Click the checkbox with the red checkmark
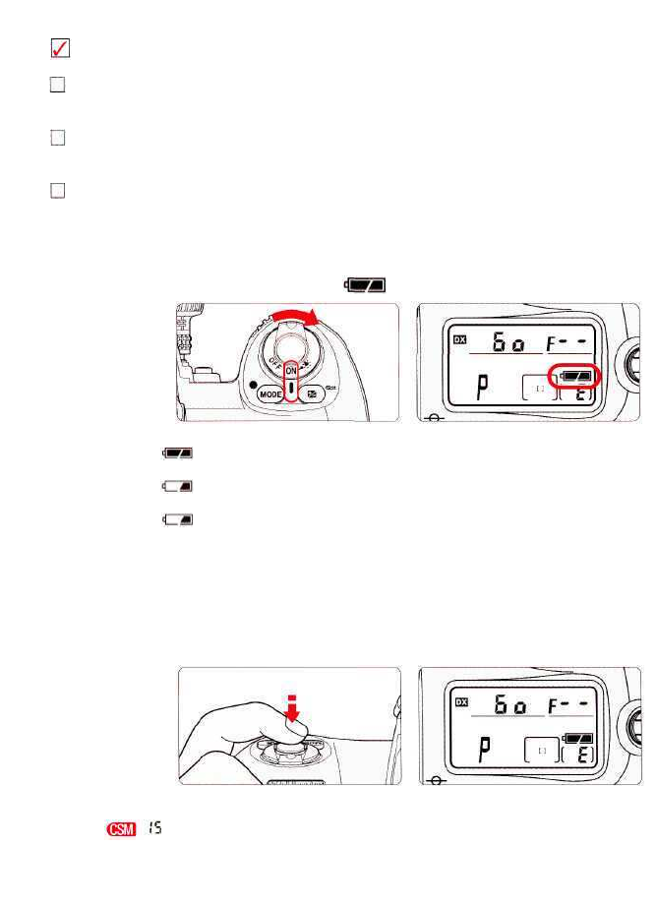coord(59,48)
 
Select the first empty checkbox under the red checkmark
coord(58,86)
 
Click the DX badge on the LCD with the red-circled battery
coord(459,340)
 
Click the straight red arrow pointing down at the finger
coord(291,707)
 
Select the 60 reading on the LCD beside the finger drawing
coord(512,704)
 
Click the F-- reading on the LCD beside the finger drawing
coord(579,704)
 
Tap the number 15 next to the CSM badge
coord(153,830)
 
